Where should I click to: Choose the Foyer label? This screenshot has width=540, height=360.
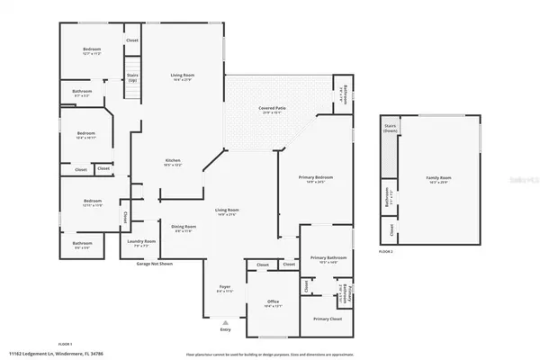pyautogui.click(x=224, y=288)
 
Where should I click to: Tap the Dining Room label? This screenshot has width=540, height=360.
pyautogui.click(x=184, y=228)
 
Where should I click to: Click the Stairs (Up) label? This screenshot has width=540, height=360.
pyautogui.click(x=132, y=77)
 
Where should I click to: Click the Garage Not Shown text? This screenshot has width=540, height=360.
pyautogui.click(x=155, y=263)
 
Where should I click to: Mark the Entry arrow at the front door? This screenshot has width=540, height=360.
pyautogui.click(x=225, y=328)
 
